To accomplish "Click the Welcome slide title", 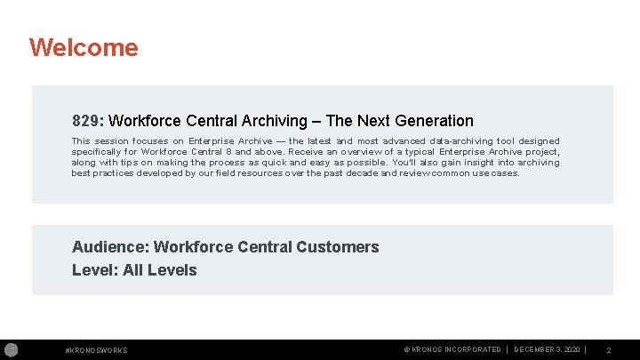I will [84, 47].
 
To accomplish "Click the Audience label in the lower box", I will [105, 247].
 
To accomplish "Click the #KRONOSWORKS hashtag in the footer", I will [97, 350].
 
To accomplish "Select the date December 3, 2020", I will [548, 350].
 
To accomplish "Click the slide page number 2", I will [609, 350].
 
